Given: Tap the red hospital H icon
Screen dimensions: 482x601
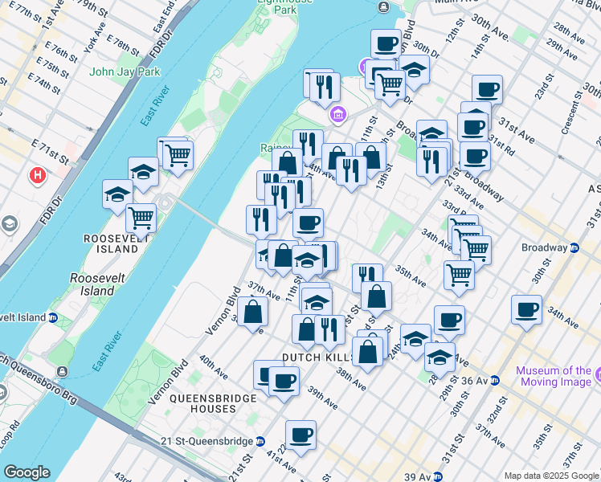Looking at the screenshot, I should point(36,174).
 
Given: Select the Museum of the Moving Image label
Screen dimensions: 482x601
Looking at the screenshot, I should point(554,376).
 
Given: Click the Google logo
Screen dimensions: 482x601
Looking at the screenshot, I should point(27,472).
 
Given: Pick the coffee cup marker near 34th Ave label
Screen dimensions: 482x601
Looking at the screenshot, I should point(528,310).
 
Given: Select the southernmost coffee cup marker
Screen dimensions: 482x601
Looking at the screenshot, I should point(300,436).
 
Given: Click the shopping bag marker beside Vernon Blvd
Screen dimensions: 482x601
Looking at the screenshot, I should point(253,314).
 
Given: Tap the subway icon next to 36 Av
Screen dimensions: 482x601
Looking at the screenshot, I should point(497,379).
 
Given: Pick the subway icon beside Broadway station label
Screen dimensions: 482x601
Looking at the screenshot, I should point(574,247).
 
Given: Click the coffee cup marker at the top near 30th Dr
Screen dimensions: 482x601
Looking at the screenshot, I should point(386,44).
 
